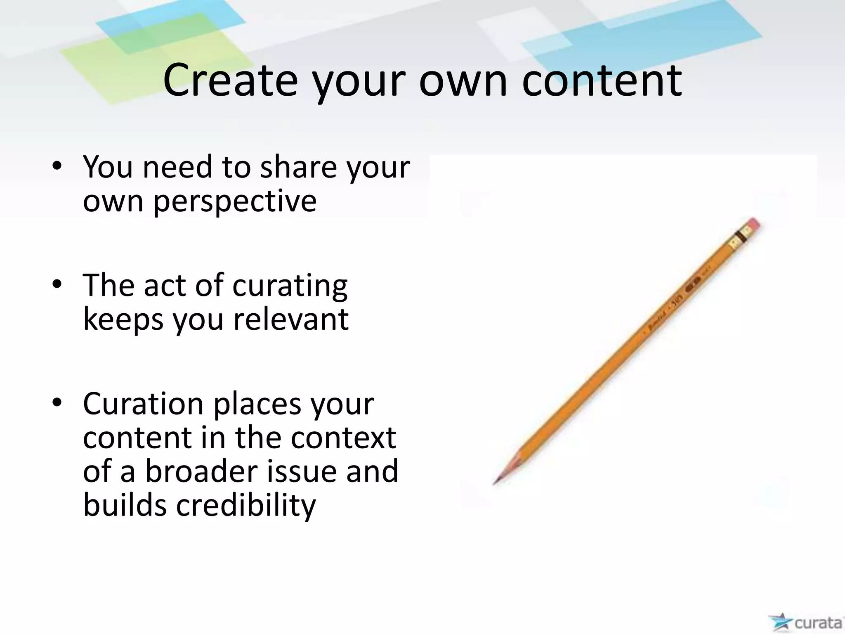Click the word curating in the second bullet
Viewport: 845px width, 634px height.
[x=290, y=286]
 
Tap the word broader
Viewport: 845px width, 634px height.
[x=201, y=471]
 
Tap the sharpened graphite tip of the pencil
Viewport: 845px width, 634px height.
[x=496, y=482]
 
